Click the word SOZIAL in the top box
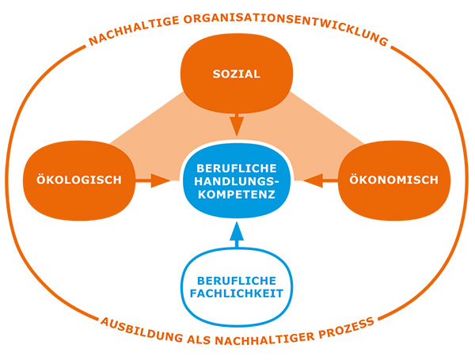[237, 75]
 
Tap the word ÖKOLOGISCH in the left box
[79, 180]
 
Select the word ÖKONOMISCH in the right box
[393, 180]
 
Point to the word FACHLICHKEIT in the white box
[237, 293]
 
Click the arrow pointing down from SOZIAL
[236, 124]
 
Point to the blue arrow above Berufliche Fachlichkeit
[237, 235]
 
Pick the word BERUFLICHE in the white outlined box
[237, 280]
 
